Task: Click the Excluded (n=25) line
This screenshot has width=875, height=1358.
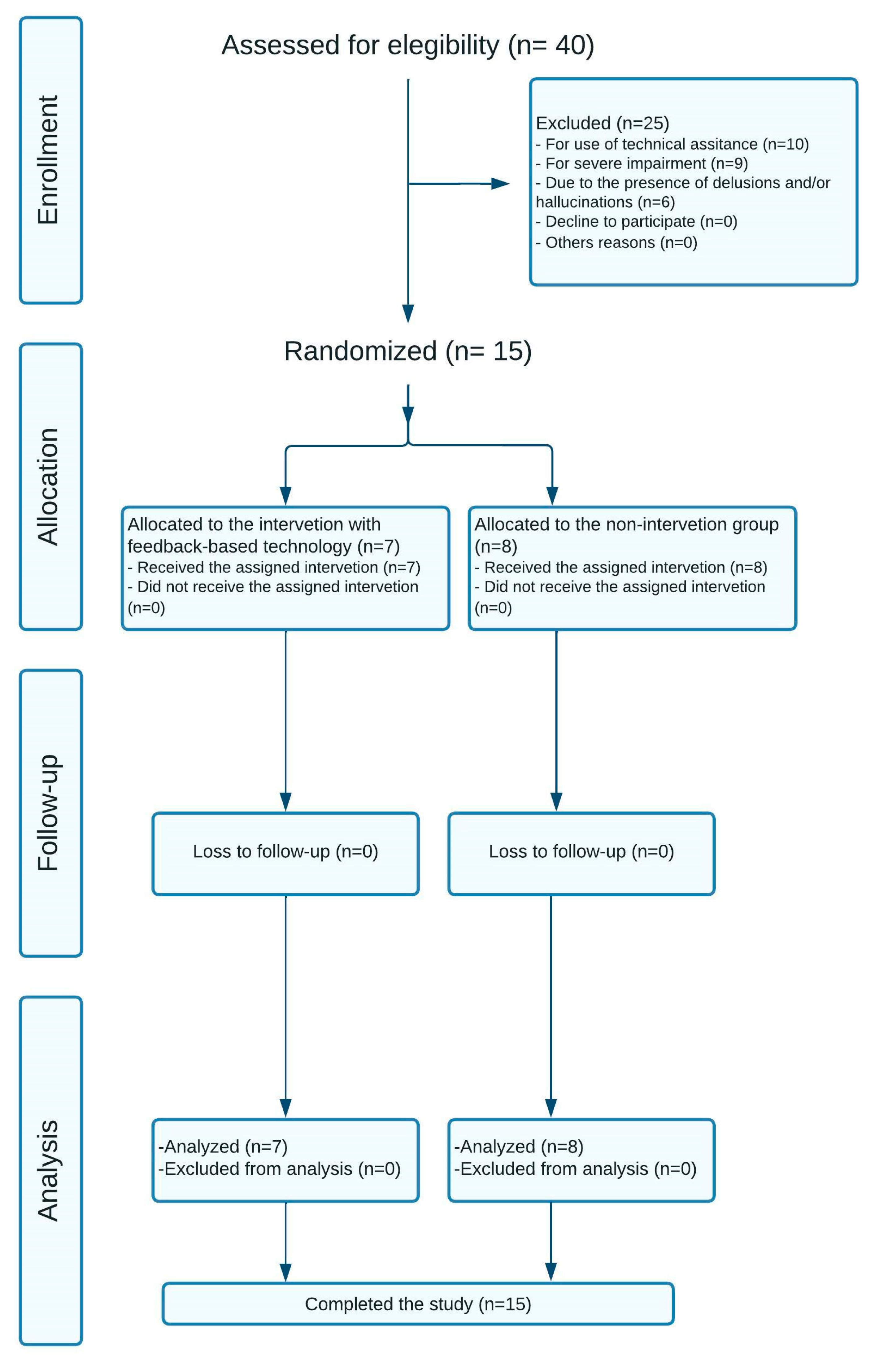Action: click(602, 123)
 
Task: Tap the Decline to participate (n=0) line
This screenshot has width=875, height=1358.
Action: click(636, 222)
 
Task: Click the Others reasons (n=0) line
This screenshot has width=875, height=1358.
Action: click(616, 243)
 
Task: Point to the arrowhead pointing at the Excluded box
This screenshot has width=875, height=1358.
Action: click(500, 184)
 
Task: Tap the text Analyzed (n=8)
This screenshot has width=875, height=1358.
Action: click(519, 1147)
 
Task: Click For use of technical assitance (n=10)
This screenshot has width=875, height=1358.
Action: click(672, 144)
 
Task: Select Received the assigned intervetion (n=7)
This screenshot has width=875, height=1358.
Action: click(274, 568)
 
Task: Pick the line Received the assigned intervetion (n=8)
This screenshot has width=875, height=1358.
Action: click(621, 568)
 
